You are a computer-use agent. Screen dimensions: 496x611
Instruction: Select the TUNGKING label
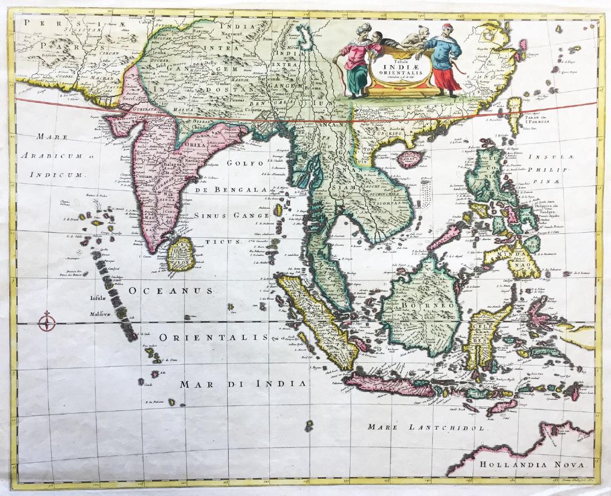point(387,134)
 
